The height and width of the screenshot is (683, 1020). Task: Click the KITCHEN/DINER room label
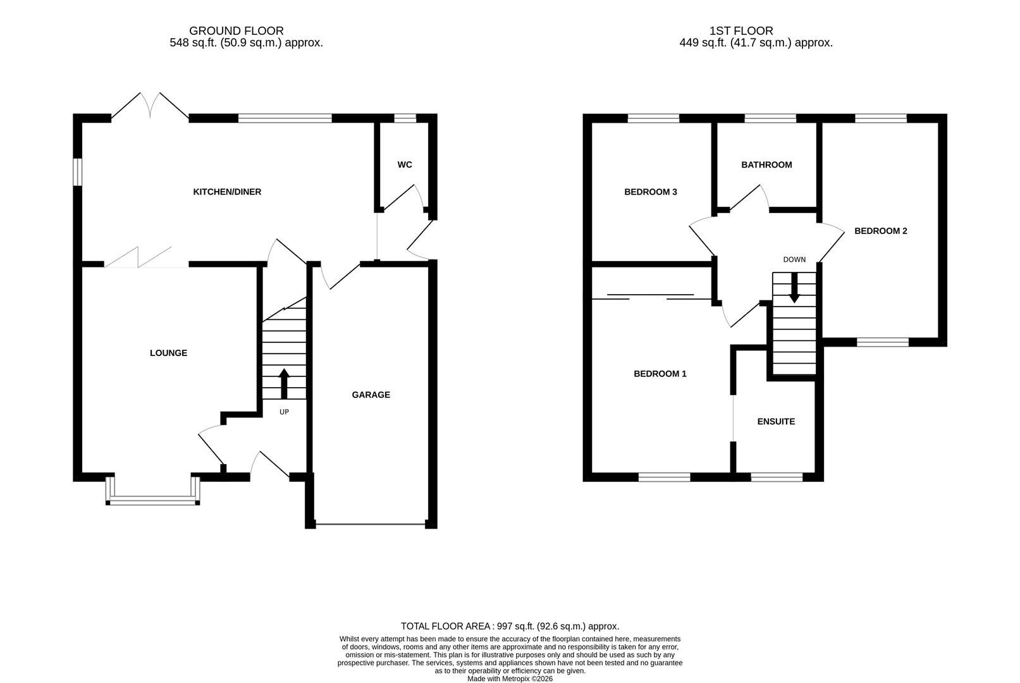click(226, 192)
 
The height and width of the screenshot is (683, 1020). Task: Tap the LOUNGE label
click(168, 353)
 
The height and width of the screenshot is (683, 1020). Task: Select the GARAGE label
click(371, 395)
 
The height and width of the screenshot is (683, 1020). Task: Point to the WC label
click(405, 164)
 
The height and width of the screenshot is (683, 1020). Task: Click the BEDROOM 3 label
click(650, 192)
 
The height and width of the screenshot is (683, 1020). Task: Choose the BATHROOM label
click(766, 164)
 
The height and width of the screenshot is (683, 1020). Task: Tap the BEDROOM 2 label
click(880, 231)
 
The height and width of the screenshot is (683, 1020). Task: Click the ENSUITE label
click(776, 421)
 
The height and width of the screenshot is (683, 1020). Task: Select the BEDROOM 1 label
click(660, 374)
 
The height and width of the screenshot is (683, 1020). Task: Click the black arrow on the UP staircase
click(284, 383)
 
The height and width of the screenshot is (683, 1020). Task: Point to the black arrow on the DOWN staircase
click(794, 288)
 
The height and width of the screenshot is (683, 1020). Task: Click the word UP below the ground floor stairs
click(284, 412)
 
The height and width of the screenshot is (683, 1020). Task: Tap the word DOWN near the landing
click(794, 259)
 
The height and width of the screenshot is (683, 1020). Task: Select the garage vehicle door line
click(371, 524)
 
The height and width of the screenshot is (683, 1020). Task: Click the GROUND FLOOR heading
click(236, 30)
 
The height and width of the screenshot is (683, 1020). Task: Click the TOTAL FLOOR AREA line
click(510, 626)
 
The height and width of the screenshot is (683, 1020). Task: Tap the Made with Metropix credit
click(510, 679)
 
